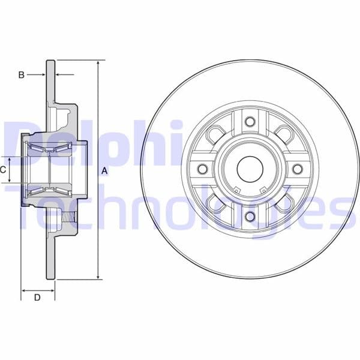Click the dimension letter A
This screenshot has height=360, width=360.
(x=105, y=170)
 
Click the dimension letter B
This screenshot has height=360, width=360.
(x=21, y=75)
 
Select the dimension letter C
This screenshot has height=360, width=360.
(x=3, y=170)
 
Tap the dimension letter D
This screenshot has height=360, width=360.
(x=37, y=297)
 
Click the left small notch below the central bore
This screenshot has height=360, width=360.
(x=236, y=191)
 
